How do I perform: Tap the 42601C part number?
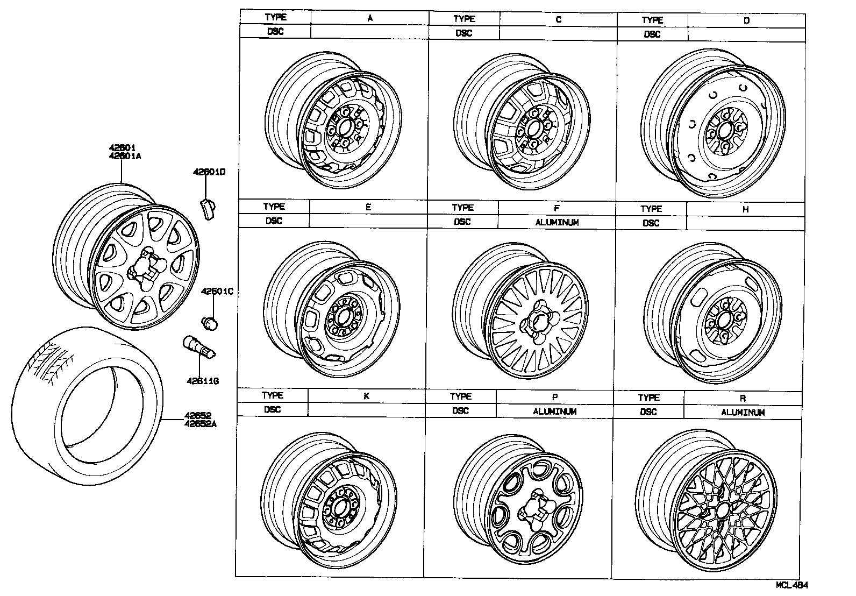pyautogui.click(x=217, y=292)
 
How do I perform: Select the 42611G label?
pyautogui.click(x=203, y=381)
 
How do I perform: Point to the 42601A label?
pyautogui.click(x=125, y=157)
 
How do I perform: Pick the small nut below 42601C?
pyautogui.click(x=210, y=323)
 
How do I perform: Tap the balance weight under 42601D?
pyautogui.click(x=207, y=208)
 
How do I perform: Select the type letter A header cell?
pyautogui.click(x=370, y=18)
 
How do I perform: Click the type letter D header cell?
pyautogui.click(x=746, y=20)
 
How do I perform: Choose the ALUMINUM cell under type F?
pyautogui.click(x=557, y=222)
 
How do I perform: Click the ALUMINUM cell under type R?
pyautogui.click(x=743, y=413)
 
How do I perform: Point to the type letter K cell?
pyautogui.click(x=366, y=396)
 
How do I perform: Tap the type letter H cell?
pyautogui.click(x=745, y=209)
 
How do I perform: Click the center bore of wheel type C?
pyautogui.click(x=534, y=129)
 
